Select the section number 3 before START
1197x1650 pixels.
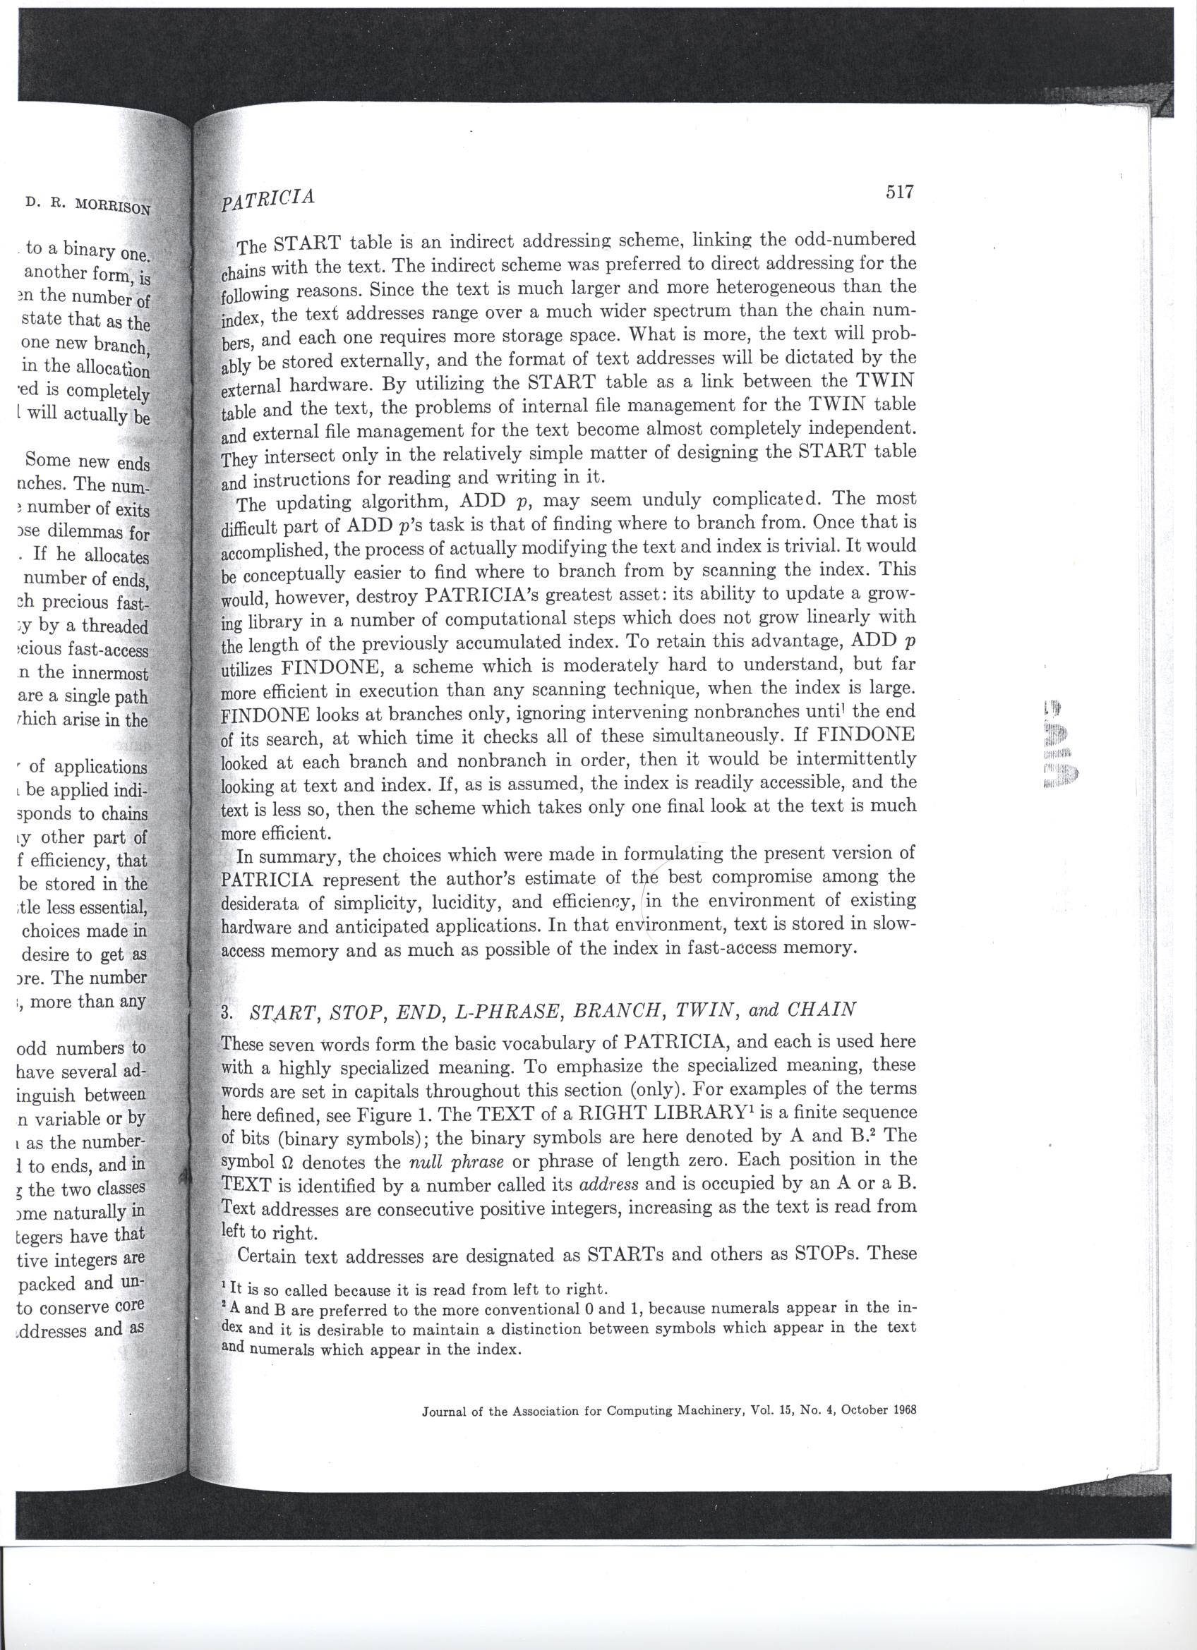click(226, 1012)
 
